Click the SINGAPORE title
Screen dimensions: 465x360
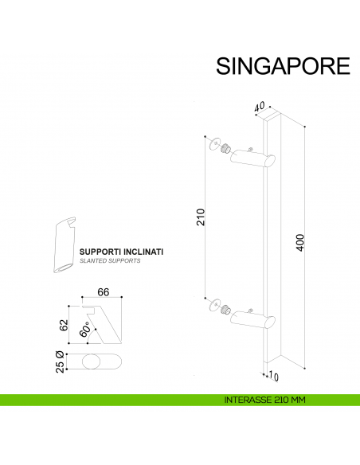point(283,65)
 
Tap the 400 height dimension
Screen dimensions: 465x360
point(299,242)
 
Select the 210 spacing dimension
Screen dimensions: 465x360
point(201,217)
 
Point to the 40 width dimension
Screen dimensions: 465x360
point(260,105)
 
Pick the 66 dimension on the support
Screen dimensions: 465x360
point(103,291)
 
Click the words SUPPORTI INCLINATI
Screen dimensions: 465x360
point(121,252)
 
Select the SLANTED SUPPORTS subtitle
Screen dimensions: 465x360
point(110,261)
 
